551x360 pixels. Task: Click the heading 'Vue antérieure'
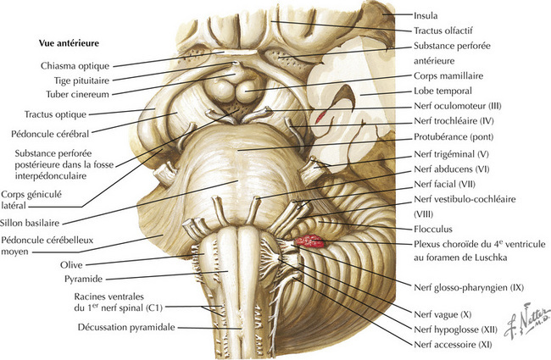coord(69,43)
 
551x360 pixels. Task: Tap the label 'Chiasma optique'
coord(75,66)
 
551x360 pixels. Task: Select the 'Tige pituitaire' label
coord(81,80)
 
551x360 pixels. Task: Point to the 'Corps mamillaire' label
coord(448,75)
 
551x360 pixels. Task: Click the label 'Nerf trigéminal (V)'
coord(451,154)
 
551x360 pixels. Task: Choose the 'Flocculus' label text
coord(433,229)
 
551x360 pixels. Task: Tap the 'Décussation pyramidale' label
coord(126,327)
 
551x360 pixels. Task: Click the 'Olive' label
coord(71,265)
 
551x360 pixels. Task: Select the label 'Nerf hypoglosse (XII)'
coord(455,330)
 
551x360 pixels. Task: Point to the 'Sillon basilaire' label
coord(30,223)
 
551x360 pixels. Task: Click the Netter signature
coord(526,320)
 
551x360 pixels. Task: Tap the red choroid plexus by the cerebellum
coord(309,241)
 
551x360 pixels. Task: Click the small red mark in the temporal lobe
coord(320,117)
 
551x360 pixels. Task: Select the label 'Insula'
coord(426,15)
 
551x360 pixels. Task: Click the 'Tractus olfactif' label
coord(443,30)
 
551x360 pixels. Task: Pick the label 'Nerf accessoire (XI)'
coord(453,345)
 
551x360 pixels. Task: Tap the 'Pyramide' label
coord(84,280)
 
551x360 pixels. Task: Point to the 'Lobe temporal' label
coord(442,91)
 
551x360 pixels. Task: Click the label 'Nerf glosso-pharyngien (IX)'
coord(469,288)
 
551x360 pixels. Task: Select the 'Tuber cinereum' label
coord(78,95)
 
